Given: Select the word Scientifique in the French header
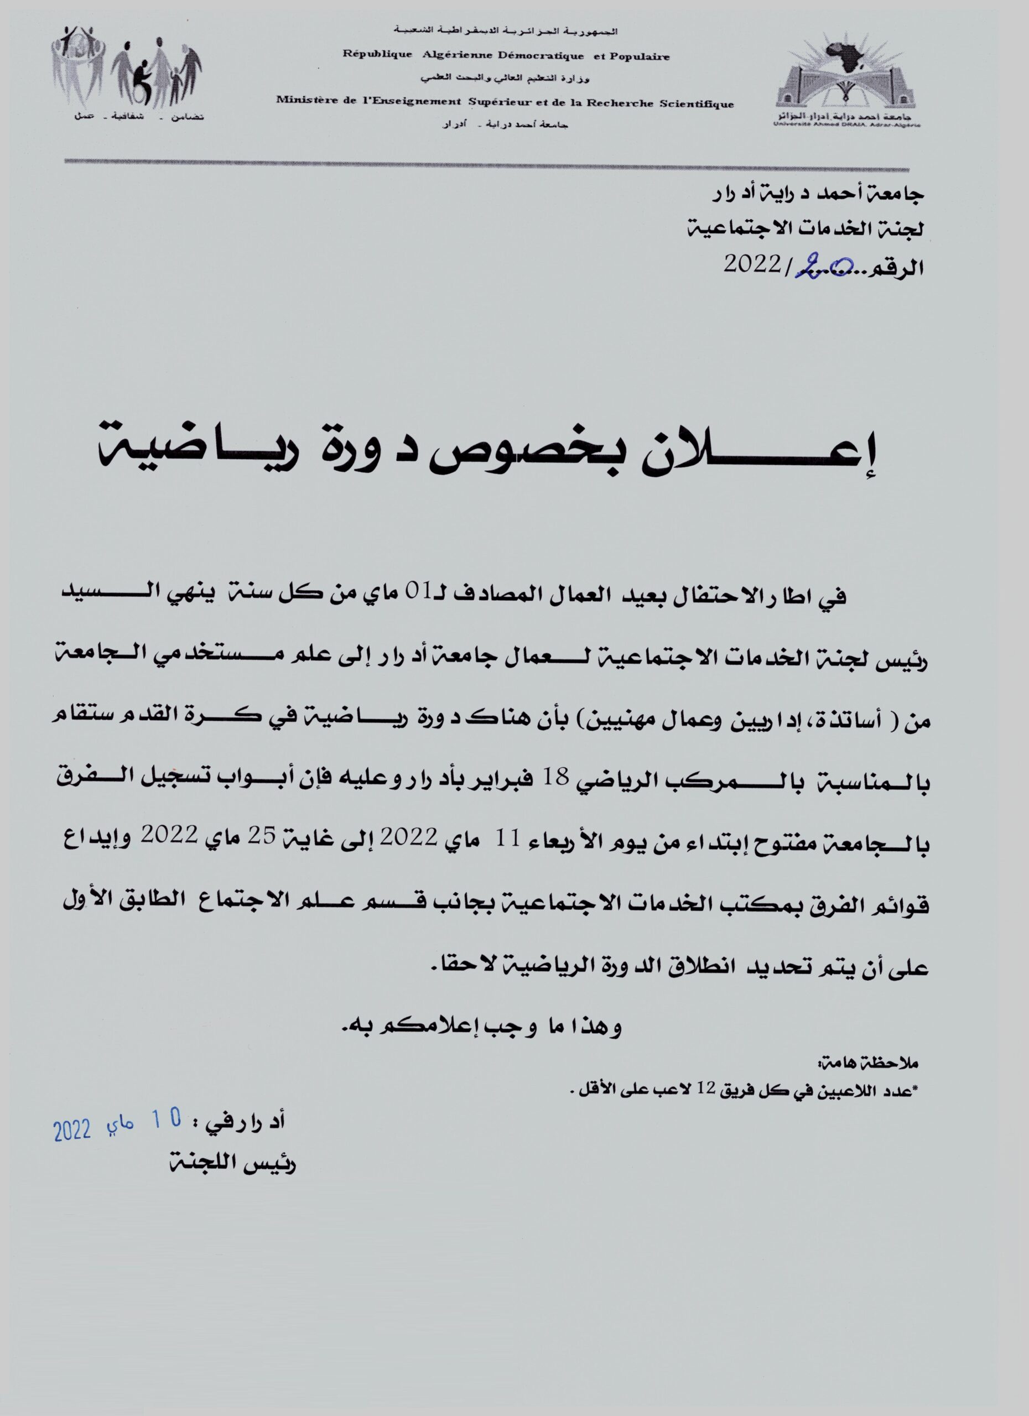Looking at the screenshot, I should click(699, 105).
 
